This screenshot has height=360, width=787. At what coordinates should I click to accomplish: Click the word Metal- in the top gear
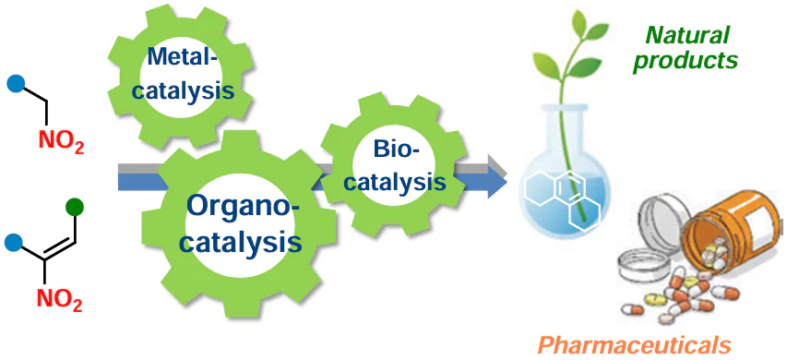(x=185, y=60)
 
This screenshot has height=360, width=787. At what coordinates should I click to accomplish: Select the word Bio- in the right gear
(x=396, y=150)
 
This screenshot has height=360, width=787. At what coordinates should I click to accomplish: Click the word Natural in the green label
(x=686, y=35)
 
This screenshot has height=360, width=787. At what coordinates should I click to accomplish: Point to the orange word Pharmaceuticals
(x=635, y=346)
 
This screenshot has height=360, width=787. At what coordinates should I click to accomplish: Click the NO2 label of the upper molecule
(x=61, y=141)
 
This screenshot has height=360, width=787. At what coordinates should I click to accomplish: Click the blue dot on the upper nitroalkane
(x=16, y=84)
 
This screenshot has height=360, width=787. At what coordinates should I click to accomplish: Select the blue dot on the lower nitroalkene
(x=14, y=243)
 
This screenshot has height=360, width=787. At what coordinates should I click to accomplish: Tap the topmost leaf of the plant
(x=579, y=20)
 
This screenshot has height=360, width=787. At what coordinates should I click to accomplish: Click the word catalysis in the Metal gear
(x=185, y=91)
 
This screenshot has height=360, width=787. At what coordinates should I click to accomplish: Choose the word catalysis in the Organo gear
(x=241, y=242)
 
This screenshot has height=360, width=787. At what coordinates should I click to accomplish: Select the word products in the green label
(x=685, y=60)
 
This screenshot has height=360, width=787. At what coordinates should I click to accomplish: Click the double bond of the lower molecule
(x=59, y=249)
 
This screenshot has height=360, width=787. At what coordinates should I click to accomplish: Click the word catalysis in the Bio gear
(x=395, y=181)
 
